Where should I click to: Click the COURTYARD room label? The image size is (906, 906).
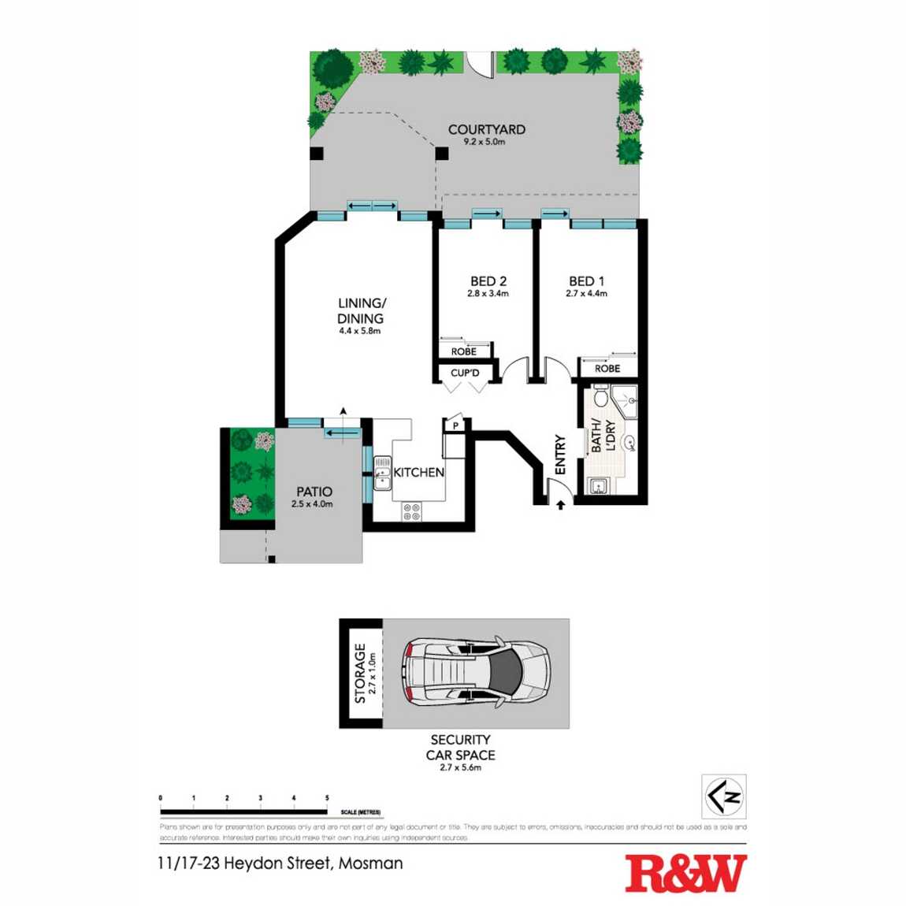click(x=486, y=129)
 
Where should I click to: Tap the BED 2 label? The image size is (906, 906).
click(x=488, y=281)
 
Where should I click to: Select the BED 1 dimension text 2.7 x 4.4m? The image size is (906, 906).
click(x=586, y=294)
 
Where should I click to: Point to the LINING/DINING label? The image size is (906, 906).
click(x=361, y=310)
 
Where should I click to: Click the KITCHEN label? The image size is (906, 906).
click(x=418, y=472)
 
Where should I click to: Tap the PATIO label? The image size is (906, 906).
click(x=314, y=492)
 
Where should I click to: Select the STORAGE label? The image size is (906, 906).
click(x=360, y=674)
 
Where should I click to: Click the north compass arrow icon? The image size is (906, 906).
click(x=724, y=796)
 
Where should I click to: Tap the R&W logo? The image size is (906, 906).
click(x=685, y=873)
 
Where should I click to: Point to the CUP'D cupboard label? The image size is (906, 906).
click(x=465, y=373)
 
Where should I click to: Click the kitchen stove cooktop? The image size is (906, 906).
click(x=411, y=511)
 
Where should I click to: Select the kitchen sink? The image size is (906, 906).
click(x=382, y=473)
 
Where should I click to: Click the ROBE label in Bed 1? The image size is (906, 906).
click(x=607, y=368)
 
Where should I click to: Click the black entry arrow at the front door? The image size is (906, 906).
click(x=560, y=504)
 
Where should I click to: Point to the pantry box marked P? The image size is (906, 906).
click(x=455, y=425)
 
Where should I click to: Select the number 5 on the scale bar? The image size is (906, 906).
click(x=327, y=798)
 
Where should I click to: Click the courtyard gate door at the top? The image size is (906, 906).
click(x=479, y=63)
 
